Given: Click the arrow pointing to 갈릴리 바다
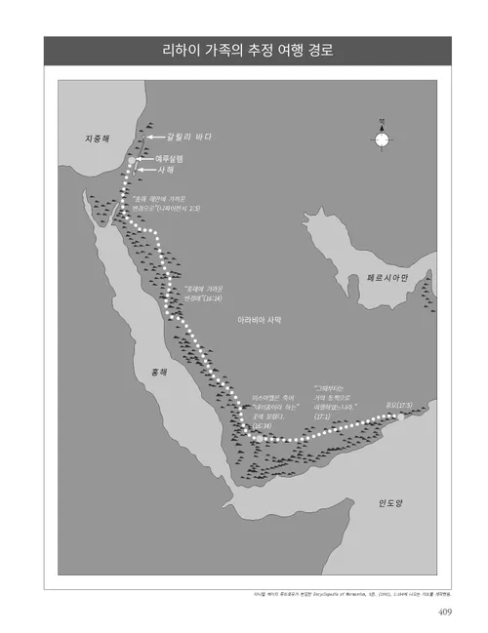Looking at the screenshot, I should [x=155, y=138].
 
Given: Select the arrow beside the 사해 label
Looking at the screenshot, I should [x=144, y=171].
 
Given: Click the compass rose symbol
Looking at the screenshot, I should [x=382, y=139].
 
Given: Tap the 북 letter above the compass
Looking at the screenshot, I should [x=382, y=120].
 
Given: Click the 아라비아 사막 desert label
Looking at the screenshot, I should [x=259, y=319].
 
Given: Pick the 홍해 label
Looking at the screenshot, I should [x=158, y=374].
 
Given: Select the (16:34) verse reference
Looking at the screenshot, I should [x=262, y=425].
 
